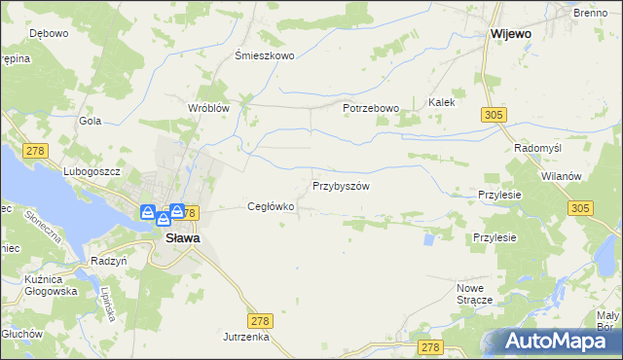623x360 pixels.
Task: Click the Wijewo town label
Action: point(510,33)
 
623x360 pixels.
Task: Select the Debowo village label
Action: point(48,33)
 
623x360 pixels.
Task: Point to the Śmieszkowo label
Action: point(265,55)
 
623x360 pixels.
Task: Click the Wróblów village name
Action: point(208,108)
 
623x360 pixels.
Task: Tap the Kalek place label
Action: point(442,101)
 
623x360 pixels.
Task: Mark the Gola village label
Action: point(91,121)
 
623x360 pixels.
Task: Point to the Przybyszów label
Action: point(341,185)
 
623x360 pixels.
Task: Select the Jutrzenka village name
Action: point(245,336)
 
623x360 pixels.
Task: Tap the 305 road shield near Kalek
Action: point(492,116)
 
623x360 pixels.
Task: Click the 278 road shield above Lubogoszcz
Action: point(37,150)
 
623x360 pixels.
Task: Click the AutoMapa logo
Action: point(556,341)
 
